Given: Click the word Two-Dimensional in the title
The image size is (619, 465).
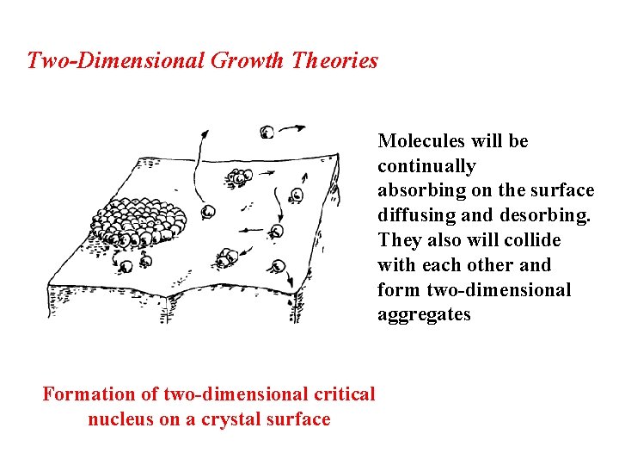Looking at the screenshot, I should [113, 61].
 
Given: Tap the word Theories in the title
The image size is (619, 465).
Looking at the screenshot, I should [335, 61].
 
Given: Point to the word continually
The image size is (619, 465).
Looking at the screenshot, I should [426, 166].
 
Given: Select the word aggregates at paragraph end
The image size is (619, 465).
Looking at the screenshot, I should [424, 314].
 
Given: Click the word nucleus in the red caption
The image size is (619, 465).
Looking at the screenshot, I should [119, 419].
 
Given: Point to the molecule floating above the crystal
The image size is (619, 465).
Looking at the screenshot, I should [267, 132].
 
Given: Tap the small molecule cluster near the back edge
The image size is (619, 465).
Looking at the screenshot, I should [239, 178].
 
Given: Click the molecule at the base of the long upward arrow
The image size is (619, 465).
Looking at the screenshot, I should [207, 211].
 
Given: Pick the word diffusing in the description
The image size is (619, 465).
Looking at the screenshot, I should [417, 215].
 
